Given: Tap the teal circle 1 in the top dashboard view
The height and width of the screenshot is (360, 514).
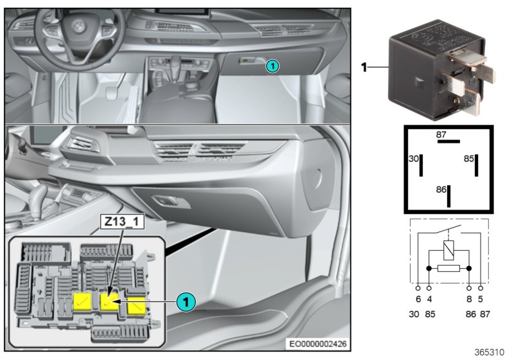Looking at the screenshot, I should (x=272, y=66).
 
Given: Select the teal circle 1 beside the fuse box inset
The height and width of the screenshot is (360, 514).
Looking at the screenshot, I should (x=186, y=301).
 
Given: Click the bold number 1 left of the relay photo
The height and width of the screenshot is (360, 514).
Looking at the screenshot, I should (x=364, y=66).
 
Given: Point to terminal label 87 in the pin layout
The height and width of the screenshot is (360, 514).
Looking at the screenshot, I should (x=441, y=134).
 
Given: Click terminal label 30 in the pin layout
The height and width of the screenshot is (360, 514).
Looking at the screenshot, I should (x=413, y=158).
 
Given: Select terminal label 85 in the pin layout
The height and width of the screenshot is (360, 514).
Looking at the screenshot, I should (x=469, y=158).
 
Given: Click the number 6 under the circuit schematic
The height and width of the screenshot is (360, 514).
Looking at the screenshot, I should (x=419, y=299).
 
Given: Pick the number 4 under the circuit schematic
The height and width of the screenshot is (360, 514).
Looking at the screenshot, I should (x=429, y=299).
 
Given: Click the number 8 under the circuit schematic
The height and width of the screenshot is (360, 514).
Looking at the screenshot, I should (x=470, y=299).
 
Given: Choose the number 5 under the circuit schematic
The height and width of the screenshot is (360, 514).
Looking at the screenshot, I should (x=480, y=299).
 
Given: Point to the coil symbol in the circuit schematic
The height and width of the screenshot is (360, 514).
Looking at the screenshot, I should (x=449, y=248).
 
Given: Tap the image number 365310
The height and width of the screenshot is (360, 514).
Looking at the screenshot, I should (x=489, y=352).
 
